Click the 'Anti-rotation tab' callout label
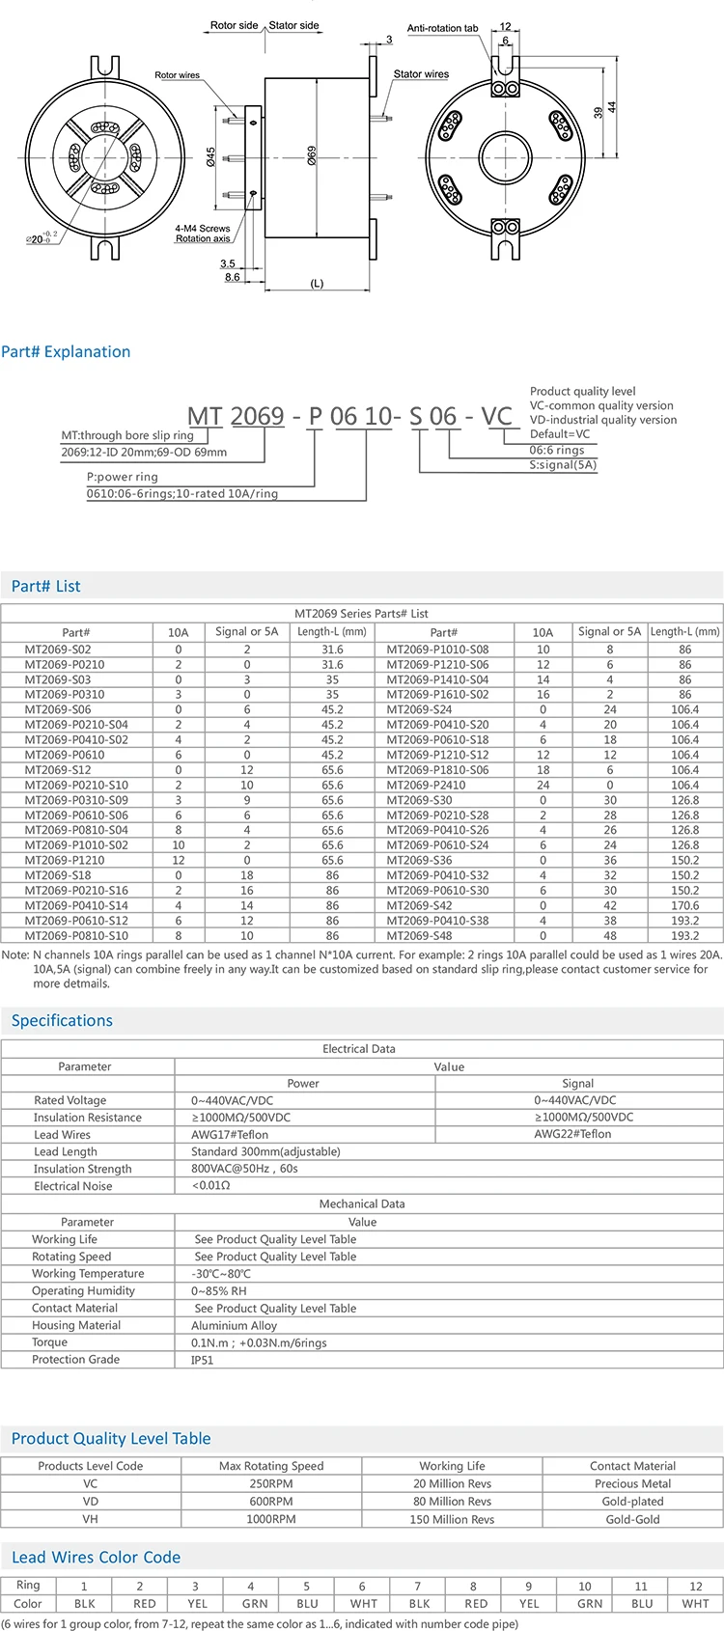(x=442, y=28)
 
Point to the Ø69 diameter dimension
(x=312, y=155)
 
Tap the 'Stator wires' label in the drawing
(x=421, y=73)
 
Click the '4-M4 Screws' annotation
(x=203, y=229)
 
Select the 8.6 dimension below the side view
(x=232, y=277)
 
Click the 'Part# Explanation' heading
(x=66, y=351)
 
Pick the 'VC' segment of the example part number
(x=496, y=417)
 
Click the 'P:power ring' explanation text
(x=123, y=477)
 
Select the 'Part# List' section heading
(x=46, y=586)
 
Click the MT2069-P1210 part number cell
(x=65, y=860)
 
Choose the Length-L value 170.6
(x=684, y=905)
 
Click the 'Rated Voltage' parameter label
(x=70, y=1100)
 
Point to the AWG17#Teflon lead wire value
(x=230, y=1135)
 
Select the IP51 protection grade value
(x=203, y=1360)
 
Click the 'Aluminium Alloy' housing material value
(x=234, y=1326)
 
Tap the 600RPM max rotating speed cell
(x=271, y=1502)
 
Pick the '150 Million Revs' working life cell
(x=452, y=1519)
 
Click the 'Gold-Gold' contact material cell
(x=633, y=1519)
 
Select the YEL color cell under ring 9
(x=529, y=1603)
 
